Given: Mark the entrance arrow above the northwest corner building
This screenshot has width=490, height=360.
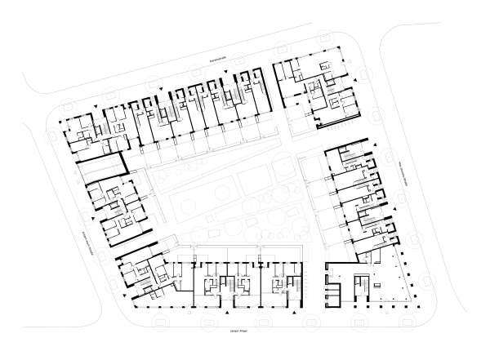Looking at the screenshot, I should (x=98, y=107).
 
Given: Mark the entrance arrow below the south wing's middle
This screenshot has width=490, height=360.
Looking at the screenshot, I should (x=226, y=314).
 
